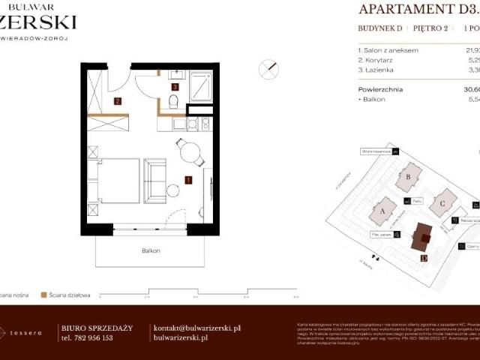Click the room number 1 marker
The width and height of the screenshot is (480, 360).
(188, 179)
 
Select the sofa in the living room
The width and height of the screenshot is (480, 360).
(154, 180)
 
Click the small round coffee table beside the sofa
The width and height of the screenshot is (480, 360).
(173, 190)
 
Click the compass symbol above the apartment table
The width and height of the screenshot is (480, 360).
(268, 70)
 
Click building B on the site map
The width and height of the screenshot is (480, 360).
(409, 177)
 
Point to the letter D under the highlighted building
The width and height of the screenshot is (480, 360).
(424, 258)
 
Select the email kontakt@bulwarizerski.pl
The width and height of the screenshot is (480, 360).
(196, 328)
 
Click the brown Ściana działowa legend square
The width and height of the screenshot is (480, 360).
(44, 295)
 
